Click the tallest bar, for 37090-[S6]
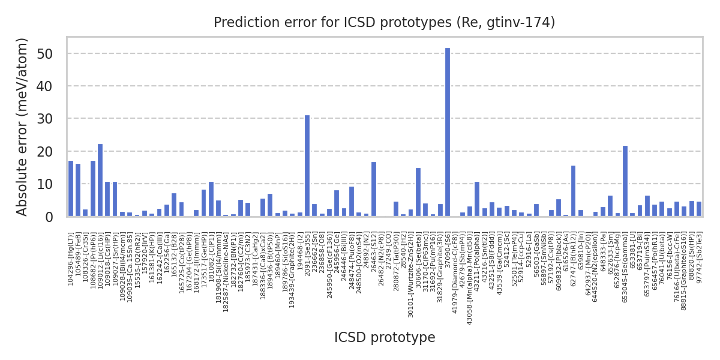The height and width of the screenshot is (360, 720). pyautogui.click(x=448, y=132)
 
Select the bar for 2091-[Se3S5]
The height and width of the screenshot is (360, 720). pyautogui.click(x=307, y=166)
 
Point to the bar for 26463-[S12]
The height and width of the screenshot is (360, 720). pyautogui.click(x=374, y=189)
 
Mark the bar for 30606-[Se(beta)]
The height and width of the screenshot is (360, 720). pyautogui.click(x=418, y=192)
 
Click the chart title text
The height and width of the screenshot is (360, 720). pyautogui.click(x=385, y=23)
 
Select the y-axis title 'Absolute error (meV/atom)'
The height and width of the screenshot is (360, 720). pyautogui.click(x=23, y=127)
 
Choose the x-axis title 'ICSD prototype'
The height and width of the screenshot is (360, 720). pyautogui.click(x=385, y=338)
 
